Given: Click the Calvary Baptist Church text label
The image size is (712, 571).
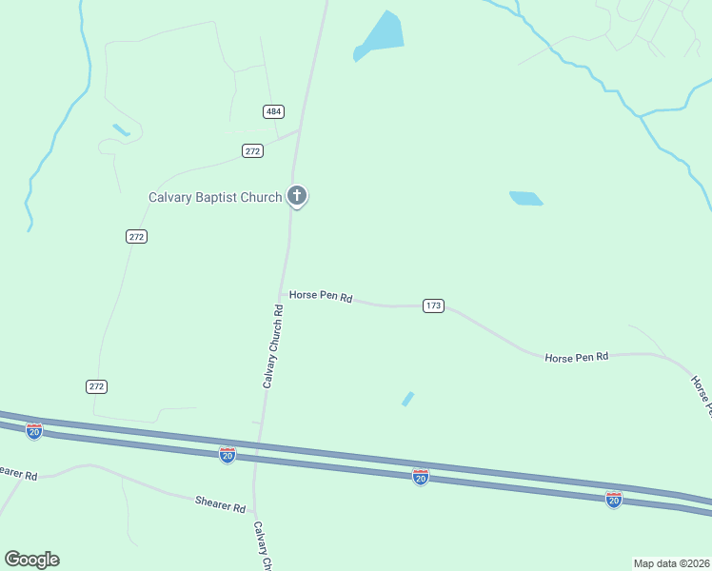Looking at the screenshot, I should pos(215,198).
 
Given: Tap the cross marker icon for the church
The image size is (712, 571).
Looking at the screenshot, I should pos(297,197).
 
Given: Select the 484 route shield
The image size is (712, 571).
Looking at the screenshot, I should pos(274,111).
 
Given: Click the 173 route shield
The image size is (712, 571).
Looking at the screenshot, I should pos(434,305).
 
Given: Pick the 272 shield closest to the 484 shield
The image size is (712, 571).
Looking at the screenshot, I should pos(252,150).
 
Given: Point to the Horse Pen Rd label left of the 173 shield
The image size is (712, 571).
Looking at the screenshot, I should pos(321,297).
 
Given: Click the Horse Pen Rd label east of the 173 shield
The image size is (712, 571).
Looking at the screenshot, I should pos(576,357).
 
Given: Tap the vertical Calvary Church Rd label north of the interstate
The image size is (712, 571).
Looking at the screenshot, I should pos(273,346).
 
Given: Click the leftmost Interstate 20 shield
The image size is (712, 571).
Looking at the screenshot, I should pos(34,431).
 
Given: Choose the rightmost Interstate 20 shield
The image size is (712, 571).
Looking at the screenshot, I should pos(614,499).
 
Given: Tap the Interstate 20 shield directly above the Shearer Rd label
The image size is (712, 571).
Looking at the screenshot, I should pos(227,455).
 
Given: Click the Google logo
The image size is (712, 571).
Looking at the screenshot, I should pos(31,560).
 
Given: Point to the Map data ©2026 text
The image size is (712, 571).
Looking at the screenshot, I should pos(671,563).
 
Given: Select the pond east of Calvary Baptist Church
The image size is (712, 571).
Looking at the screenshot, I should pos(525,198).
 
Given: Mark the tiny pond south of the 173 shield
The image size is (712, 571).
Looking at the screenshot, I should pos(408,399).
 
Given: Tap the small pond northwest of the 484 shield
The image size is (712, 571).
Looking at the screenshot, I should pos(121,128).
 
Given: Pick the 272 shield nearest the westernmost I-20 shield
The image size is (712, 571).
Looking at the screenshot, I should pos(96,385).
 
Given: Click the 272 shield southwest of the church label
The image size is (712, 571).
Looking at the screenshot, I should pos(136,236).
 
